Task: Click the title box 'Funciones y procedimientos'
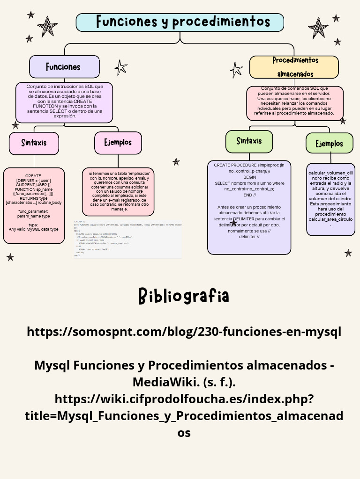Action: [x=180, y=22]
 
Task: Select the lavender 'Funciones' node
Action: [x=64, y=66]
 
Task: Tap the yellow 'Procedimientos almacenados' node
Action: [x=294, y=67]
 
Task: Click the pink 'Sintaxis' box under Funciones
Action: [x=34, y=143]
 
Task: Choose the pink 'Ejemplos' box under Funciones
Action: [x=118, y=142]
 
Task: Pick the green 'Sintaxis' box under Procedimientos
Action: [x=249, y=141]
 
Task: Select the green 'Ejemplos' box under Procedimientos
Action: [x=329, y=143]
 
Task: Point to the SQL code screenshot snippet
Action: [x=127, y=239]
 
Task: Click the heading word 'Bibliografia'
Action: [x=184, y=296]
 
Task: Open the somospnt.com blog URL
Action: [x=184, y=332]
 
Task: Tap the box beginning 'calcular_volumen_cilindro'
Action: [x=330, y=199]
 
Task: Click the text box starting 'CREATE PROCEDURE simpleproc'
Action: [x=249, y=207]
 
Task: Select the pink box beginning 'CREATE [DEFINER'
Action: [x=33, y=205]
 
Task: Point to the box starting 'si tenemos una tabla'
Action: [x=119, y=191]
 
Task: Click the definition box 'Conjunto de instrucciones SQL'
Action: [x=64, y=102]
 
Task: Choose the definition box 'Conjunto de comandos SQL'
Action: [x=295, y=102]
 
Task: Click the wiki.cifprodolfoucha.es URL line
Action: [x=184, y=399]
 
